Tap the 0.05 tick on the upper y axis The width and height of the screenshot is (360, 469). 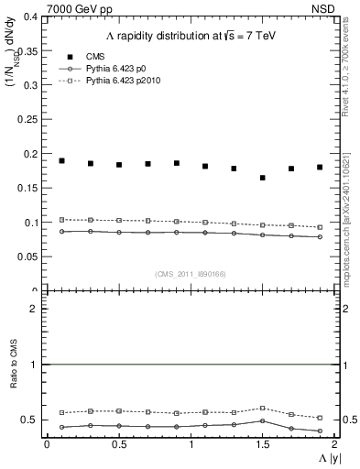click(x=27, y=256)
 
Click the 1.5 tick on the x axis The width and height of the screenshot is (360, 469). click(x=263, y=442)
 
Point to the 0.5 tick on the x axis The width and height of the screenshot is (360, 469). click(x=118, y=442)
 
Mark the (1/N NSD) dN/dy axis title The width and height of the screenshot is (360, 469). click(x=13, y=55)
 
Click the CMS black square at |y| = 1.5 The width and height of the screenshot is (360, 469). click(x=263, y=178)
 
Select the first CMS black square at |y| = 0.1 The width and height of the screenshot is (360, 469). click(x=61, y=160)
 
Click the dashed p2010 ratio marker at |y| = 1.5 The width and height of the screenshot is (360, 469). click(x=263, y=408)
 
